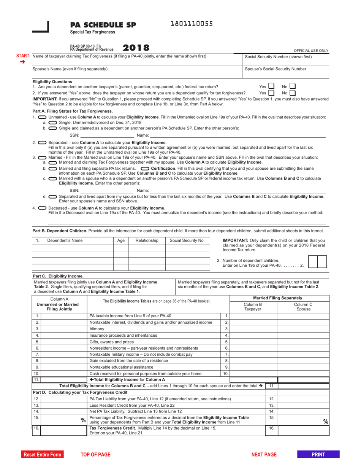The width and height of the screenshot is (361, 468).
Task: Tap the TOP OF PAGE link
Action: pos(95,454)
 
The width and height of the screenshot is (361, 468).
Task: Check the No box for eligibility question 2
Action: pos(293,93)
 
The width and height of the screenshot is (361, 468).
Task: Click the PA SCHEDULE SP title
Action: pos(103,25)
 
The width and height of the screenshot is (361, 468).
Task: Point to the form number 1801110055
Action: pos(192,24)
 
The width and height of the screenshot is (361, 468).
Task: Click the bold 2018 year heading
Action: pos(136,48)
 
